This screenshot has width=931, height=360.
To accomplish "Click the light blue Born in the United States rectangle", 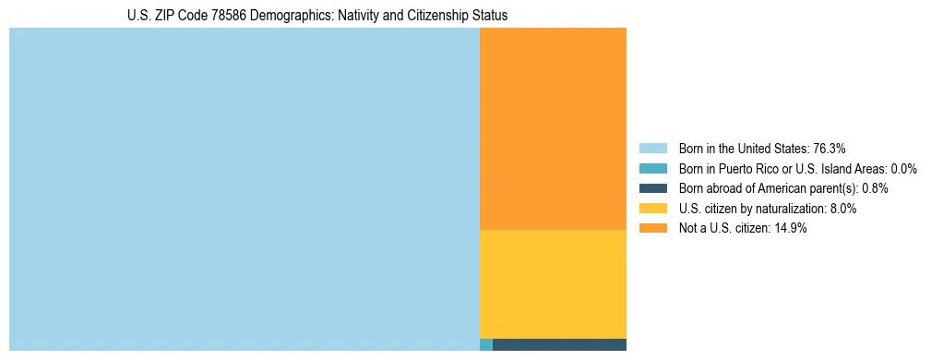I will [245, 189].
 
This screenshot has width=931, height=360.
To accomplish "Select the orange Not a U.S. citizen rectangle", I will [553, 128].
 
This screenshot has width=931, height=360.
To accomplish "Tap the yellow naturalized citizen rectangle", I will [553, 284].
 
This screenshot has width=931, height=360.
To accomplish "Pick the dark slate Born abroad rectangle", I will [559, 345].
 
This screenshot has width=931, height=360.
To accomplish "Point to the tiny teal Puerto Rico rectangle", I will [486, 345].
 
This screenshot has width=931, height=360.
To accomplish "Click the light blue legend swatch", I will [652, 148].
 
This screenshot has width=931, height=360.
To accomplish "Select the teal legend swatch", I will [652, 168].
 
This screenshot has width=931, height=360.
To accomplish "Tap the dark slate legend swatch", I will [652, 188].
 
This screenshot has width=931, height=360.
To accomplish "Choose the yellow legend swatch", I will [652, 209].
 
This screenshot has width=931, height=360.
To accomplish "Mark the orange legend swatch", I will [652, 229].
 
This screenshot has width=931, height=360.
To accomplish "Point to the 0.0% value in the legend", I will [904, 168].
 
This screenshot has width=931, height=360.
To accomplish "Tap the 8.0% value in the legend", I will [841, 209].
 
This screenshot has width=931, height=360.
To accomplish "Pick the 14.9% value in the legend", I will [791, 229].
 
